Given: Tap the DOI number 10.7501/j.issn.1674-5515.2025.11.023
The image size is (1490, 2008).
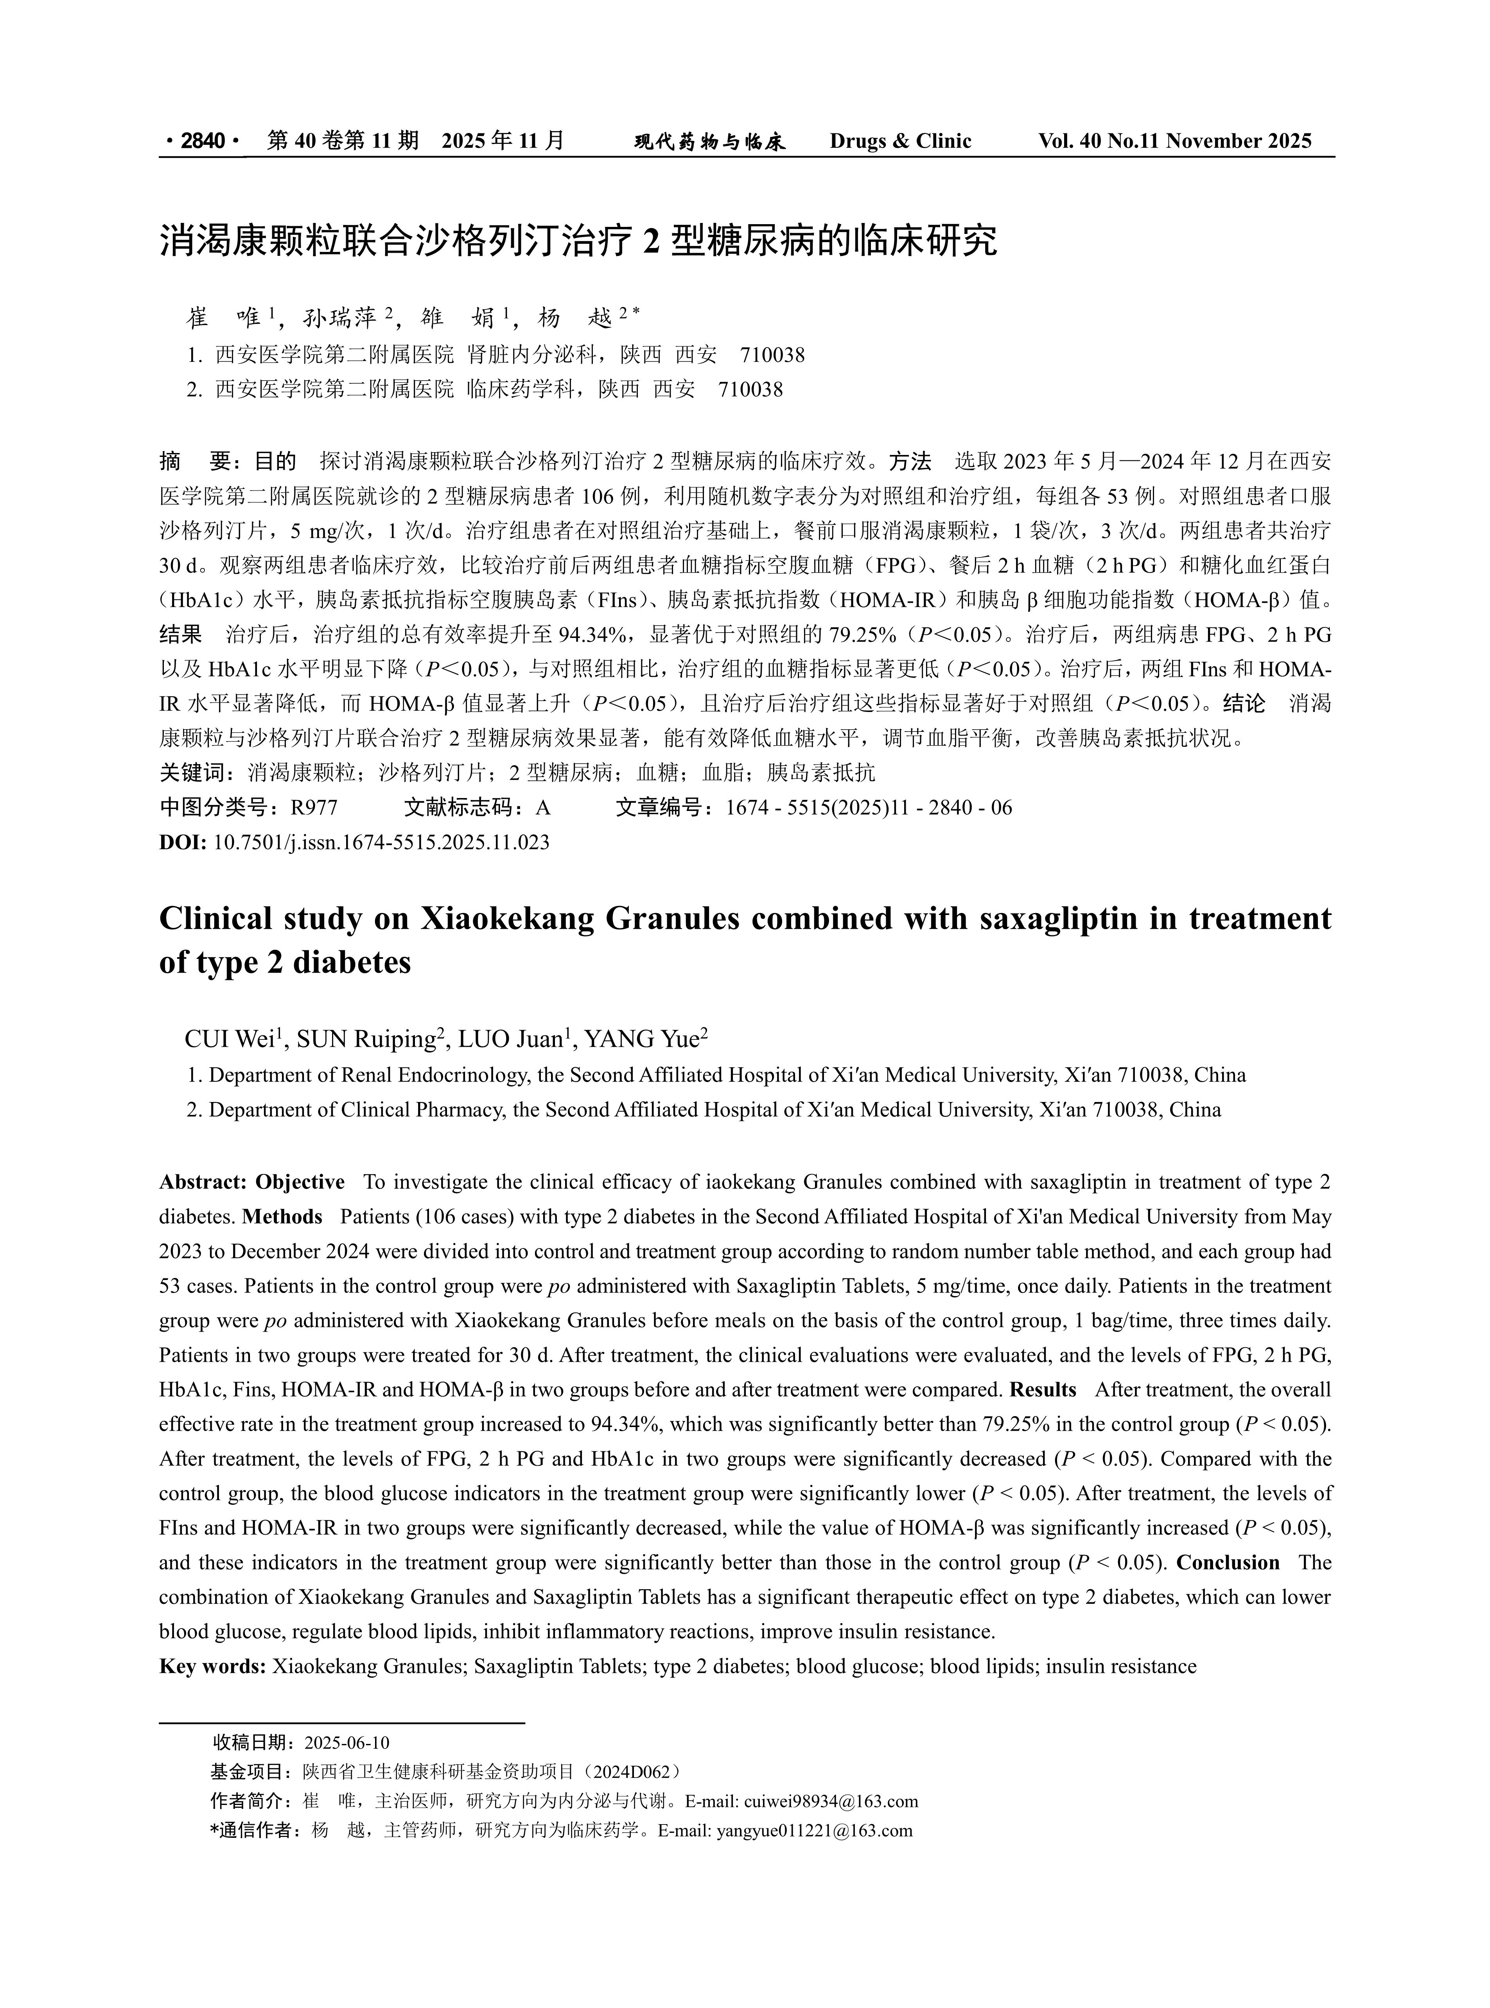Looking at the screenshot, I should [x=381, y=843].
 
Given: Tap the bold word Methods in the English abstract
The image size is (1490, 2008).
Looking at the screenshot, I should [x=282, y=1217].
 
